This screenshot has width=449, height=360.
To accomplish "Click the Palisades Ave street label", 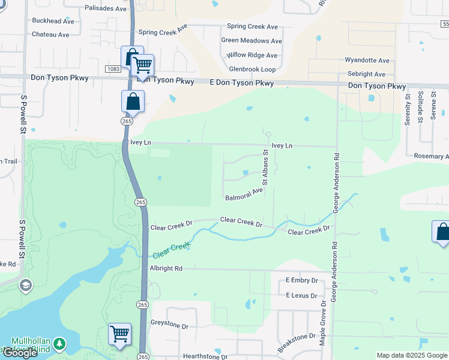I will [106, 8].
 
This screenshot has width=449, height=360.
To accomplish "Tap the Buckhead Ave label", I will [53, 21].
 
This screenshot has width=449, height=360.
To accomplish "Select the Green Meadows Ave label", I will [251, 41].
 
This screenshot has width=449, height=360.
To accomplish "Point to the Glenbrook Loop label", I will [252, 70].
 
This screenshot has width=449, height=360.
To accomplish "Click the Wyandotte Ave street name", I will [367, 61].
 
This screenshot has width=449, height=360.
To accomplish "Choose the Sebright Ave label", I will [366, 74].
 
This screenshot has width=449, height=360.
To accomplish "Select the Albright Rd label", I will [166, 269].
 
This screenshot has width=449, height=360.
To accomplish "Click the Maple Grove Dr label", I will [323, 319].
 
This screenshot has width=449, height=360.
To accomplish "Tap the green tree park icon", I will [59, 344].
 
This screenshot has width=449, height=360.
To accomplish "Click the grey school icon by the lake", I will [25, 284].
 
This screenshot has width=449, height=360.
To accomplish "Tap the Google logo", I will [19, 353].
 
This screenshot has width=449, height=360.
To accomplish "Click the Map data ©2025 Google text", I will [412, 356].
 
